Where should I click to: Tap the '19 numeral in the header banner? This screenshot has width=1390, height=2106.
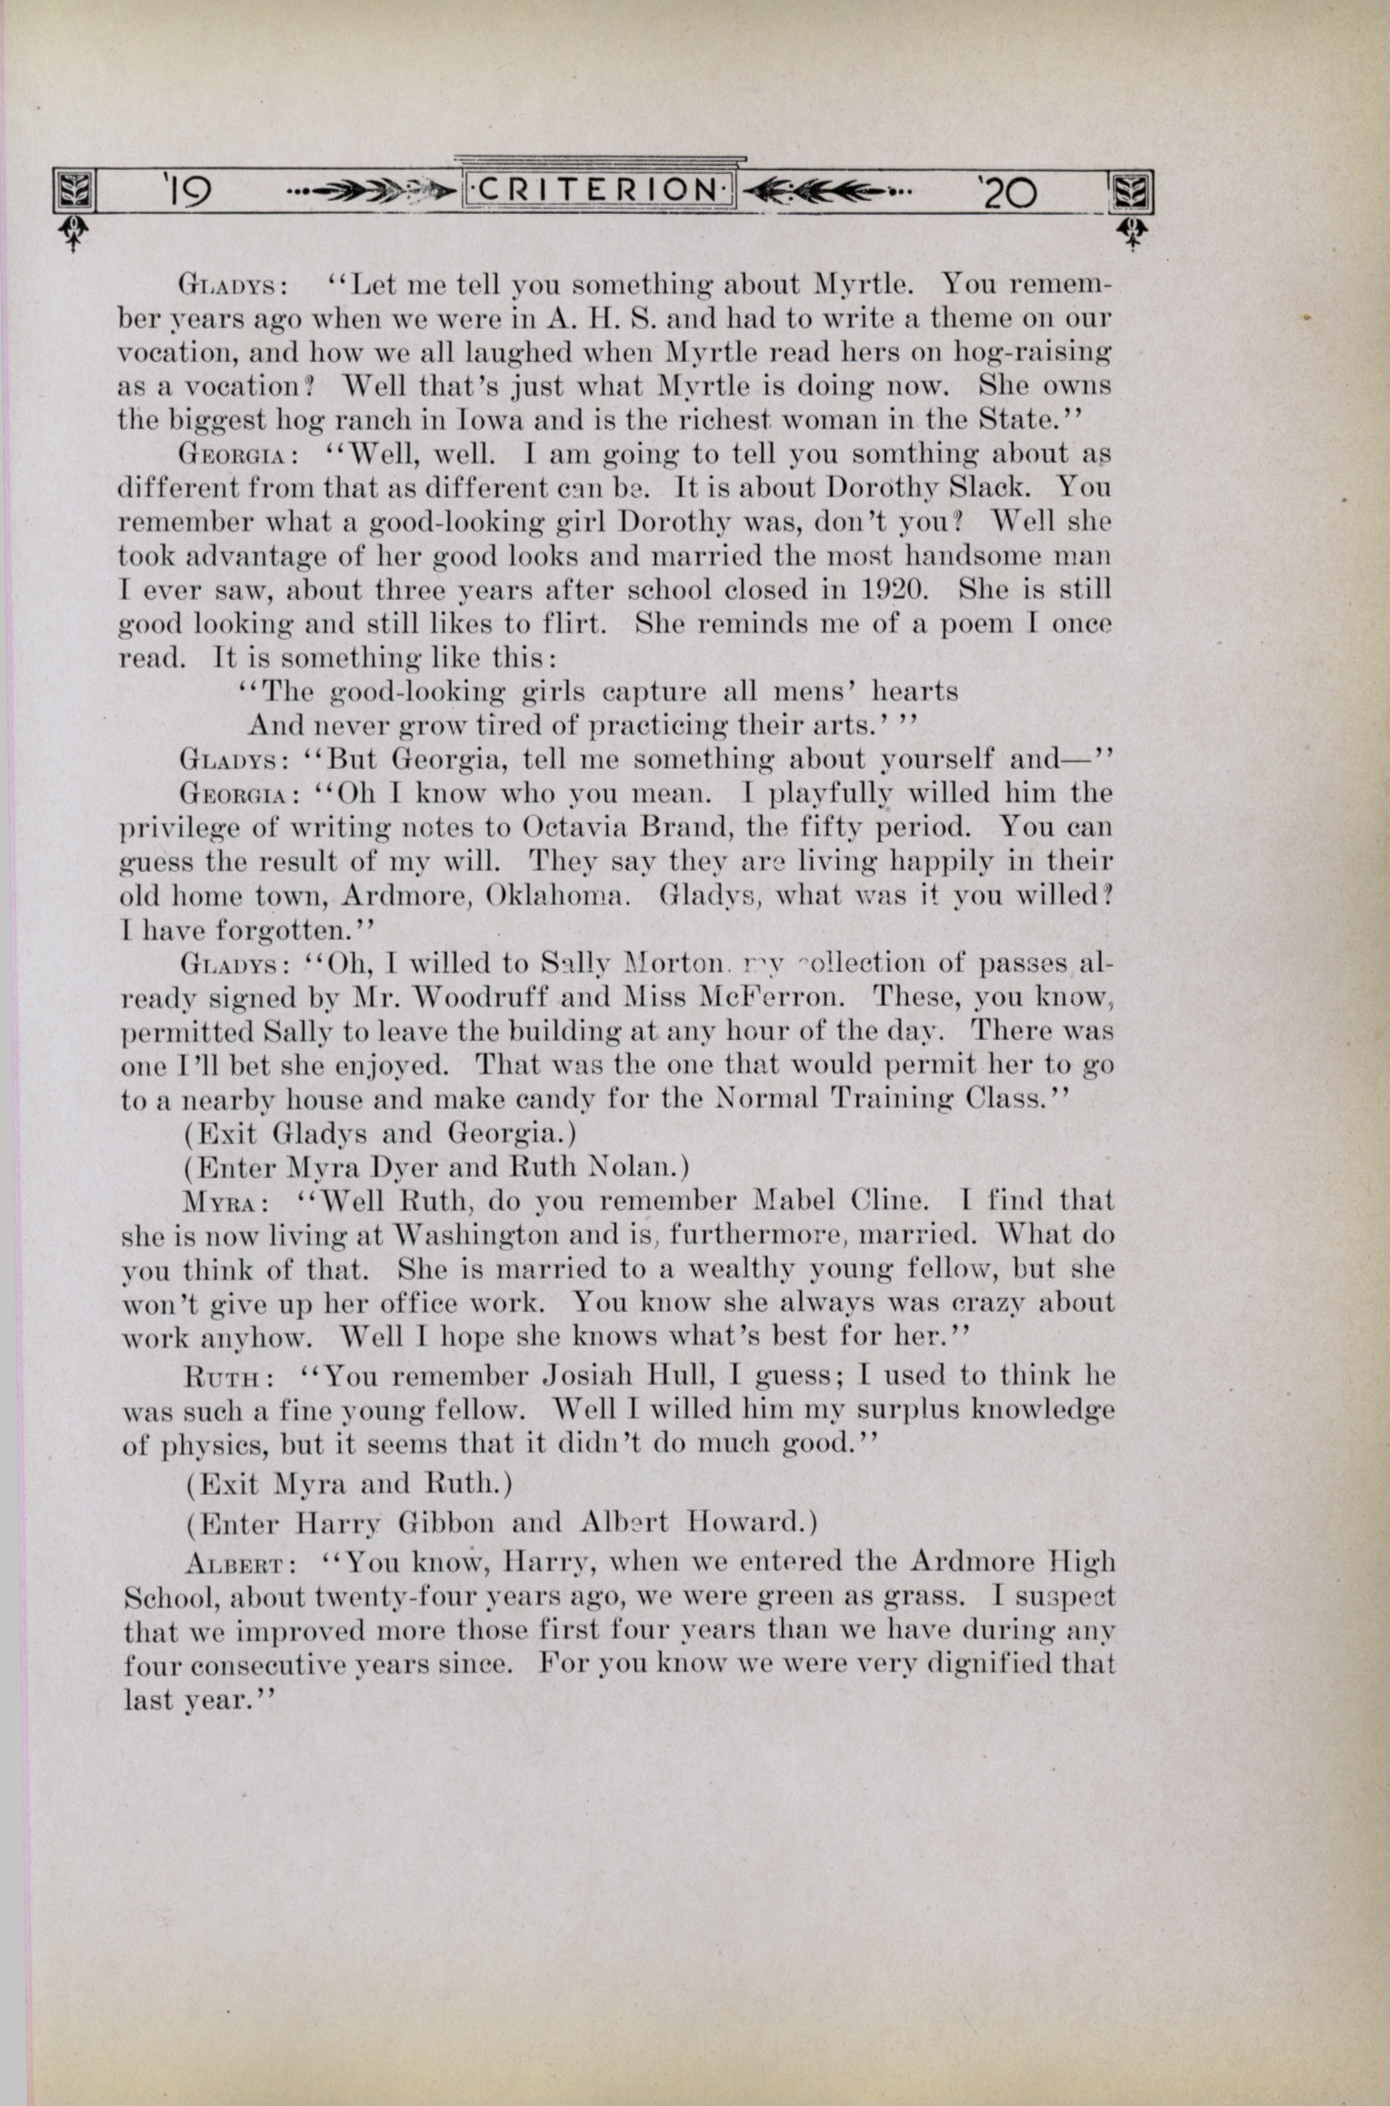coord(186,191)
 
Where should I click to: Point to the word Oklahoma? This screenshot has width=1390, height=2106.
coord(559,896)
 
